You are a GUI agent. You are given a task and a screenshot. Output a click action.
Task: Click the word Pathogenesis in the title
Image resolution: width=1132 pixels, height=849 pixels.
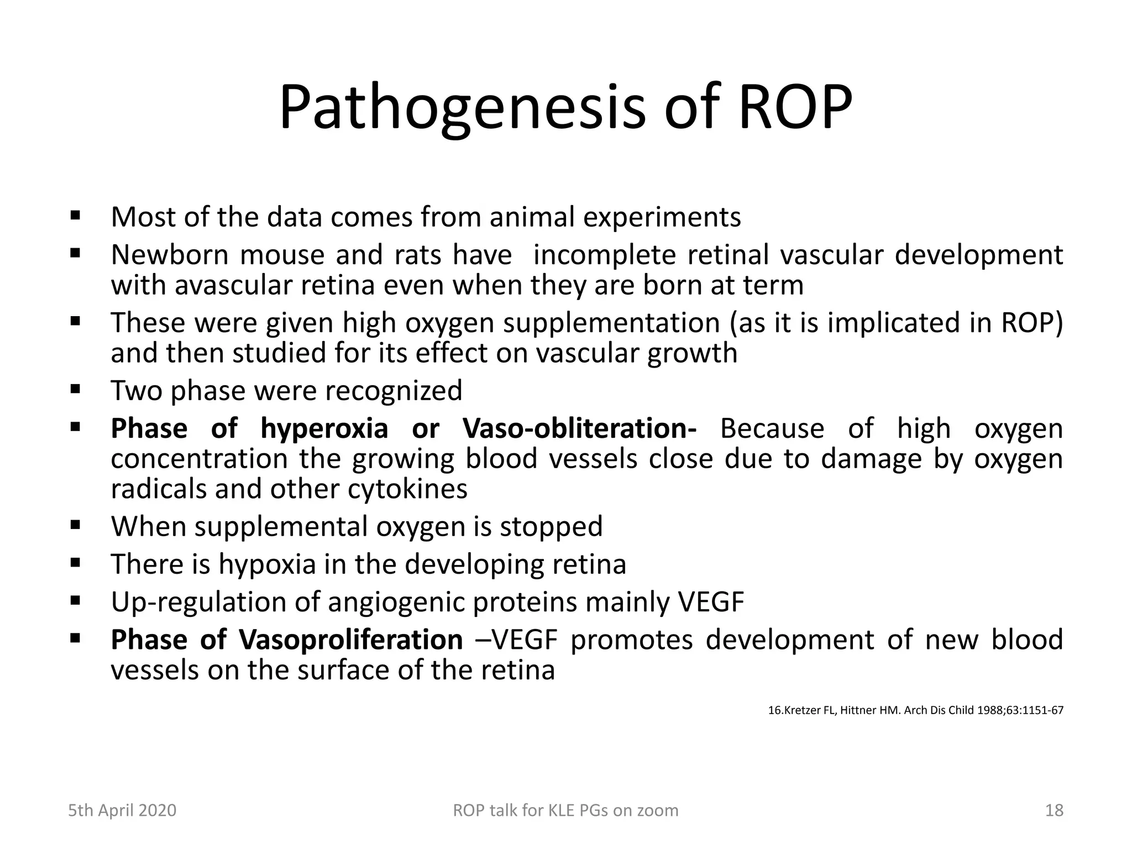coord(462,108)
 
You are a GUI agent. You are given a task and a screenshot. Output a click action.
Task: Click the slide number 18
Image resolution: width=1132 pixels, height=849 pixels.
coord(1054,810)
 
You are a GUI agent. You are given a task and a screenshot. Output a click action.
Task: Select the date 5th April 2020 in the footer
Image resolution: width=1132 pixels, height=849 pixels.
coord(122,810)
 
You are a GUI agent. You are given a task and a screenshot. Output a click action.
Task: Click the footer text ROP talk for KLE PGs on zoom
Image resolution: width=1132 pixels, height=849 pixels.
coord(565,810)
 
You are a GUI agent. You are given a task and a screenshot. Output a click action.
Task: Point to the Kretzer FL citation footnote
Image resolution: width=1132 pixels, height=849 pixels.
coord(915,710)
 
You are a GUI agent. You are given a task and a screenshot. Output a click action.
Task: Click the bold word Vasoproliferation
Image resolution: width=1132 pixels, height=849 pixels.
coord(351,640)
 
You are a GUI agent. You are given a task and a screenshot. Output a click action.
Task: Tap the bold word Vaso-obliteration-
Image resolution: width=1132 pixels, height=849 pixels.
coord(579,429)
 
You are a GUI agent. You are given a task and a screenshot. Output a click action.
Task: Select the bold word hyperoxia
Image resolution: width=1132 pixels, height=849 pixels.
coord(324,429)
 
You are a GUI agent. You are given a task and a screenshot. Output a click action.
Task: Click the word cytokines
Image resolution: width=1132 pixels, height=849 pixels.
coord(407,489)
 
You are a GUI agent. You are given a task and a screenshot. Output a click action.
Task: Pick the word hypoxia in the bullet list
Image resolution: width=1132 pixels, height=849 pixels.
coord(267,564)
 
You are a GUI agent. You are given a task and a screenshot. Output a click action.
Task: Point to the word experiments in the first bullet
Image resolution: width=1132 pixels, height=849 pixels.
coord(662,218)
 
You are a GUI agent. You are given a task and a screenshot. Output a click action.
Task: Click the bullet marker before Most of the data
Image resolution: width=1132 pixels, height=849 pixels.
coord(76,216)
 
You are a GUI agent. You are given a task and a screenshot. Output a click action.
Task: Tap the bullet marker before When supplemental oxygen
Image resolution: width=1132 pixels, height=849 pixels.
coord(76,525)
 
